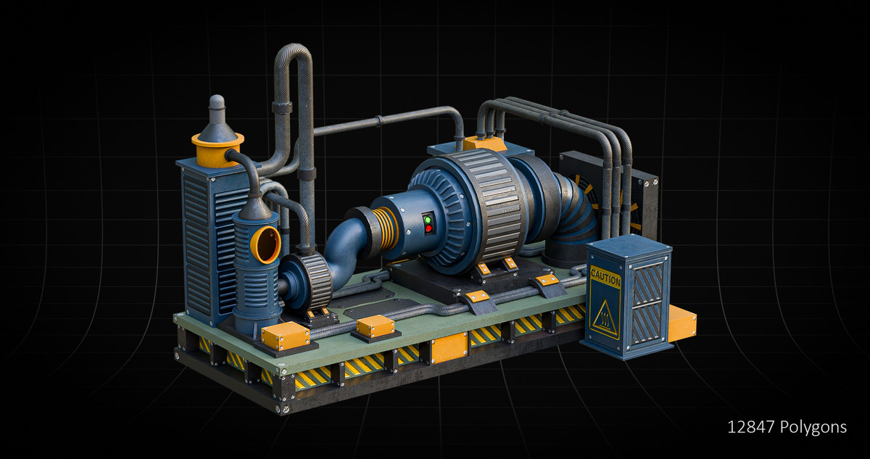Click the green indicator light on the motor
coord(428,220)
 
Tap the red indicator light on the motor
coord(428,228)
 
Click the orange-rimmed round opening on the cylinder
coord(266,245)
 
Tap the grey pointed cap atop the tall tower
coord(217,118)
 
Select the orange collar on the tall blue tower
coord(218,149)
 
